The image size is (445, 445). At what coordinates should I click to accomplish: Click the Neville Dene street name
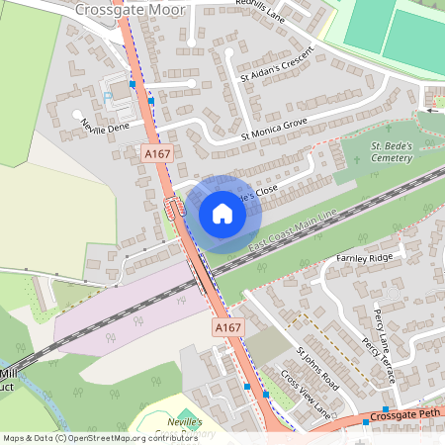tap(106, 129)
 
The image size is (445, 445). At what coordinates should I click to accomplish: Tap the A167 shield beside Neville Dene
tap(154, 154)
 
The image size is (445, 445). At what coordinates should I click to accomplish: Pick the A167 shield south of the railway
tap(227, 327)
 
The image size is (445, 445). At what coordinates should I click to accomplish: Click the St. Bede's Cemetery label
tap(394, 152)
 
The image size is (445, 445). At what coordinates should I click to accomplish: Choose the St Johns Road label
tap(318, 367)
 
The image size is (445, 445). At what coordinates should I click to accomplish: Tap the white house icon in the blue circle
tap(222, 213)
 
